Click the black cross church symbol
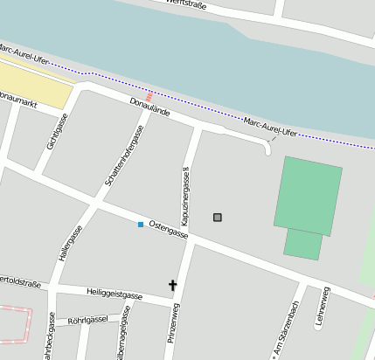pos(172,285)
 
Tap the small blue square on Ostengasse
pos(140,225)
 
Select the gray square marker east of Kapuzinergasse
pos(218,217)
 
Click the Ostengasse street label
pos(169,229)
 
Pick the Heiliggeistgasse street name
pos(115,294)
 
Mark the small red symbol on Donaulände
pos(149,95)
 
